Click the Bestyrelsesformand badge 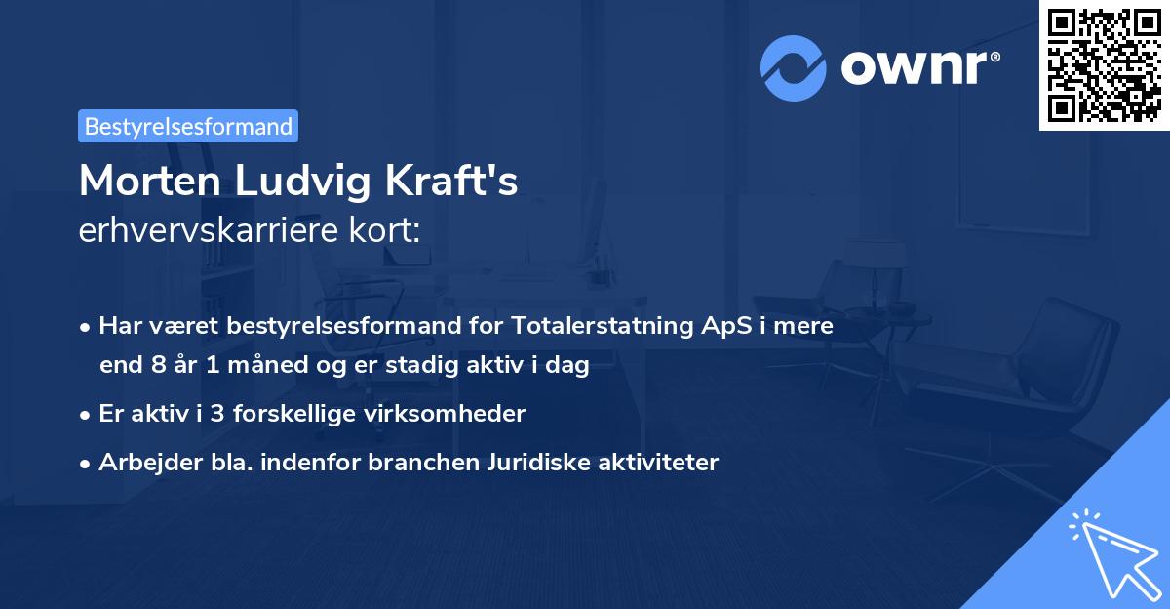click(x=188, y=126)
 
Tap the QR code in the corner click(x=1104, y=65)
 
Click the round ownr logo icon click(x=793, y=67)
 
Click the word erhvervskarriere click(x=215, y=230)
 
